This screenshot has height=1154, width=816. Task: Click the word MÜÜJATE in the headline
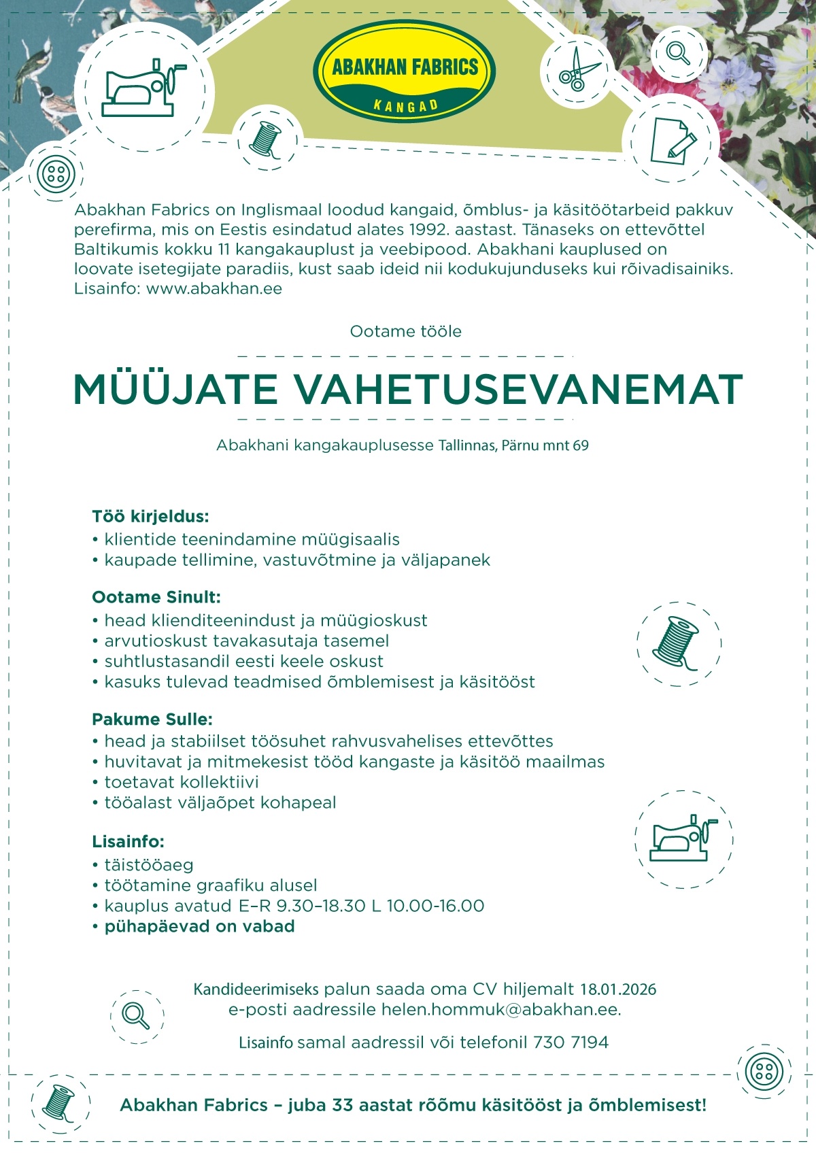[175, 390]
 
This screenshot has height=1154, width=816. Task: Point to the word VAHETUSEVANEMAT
[518, 390]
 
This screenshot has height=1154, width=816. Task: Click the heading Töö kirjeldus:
[150, 516]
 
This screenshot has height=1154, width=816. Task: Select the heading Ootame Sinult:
[156, 597]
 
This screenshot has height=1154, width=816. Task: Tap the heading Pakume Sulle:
[152, 719]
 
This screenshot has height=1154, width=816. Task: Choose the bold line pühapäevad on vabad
[199, 926]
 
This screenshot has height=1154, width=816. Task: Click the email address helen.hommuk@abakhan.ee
[500, 1009]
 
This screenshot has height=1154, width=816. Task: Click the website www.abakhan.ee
[214, 288]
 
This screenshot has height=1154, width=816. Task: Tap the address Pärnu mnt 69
[545, 445]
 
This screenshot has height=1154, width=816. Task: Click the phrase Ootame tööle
[405, 331]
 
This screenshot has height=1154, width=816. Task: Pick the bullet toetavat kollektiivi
[181, 782]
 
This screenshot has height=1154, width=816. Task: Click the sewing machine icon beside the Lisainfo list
[683, 839]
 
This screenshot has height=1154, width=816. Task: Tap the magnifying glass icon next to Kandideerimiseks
[137, 1016]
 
